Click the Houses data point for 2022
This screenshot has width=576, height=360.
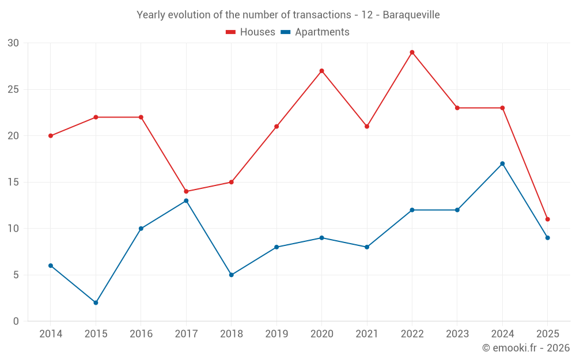tap(412, 52)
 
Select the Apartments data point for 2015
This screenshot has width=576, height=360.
tap(96, 302)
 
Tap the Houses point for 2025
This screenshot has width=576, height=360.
tap(547, 219)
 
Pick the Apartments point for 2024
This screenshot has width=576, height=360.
tap(502, 164)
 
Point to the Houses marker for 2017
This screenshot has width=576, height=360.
tap(186, 191)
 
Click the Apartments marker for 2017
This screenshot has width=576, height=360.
tap(186, 200)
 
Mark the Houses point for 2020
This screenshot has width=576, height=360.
tap(321, 71)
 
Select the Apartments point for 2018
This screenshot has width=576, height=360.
tap(231, 275)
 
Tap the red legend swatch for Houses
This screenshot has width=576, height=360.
tap(231, 32)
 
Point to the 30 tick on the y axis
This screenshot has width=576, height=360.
tap(13, 43)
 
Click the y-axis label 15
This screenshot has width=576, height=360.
tap(13, 182)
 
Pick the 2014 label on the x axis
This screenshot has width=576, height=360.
tap(50, 334)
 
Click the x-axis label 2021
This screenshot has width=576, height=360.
tap(366, 334)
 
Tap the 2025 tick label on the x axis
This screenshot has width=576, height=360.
tap(547, 334)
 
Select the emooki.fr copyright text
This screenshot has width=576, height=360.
tap(525, 348)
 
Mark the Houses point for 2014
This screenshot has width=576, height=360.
tap(51, 136)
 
